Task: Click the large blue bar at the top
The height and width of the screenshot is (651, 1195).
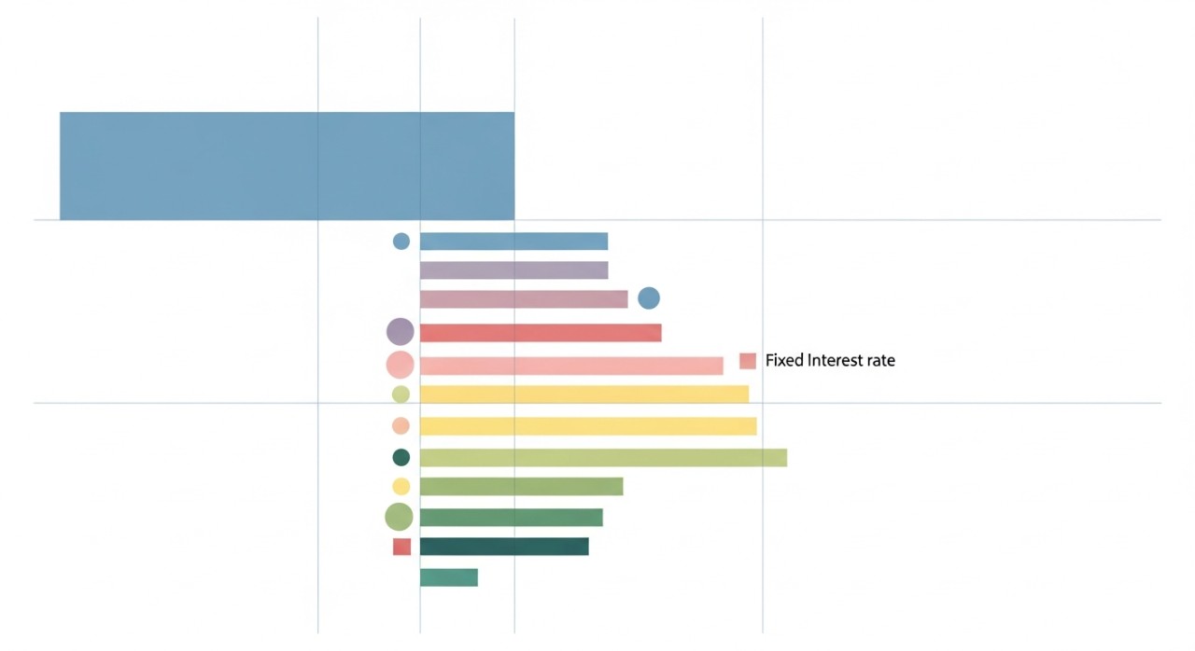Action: [287, 166]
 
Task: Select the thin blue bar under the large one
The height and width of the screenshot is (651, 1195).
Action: [513, 242]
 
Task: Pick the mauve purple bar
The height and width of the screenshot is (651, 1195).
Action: [513, 270]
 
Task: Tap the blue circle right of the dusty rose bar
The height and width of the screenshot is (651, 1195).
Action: [649, 298]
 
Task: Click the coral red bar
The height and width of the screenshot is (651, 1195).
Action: [541, 333]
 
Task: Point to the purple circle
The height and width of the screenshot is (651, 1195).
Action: [400, 331]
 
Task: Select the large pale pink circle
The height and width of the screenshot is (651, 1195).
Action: [400, 365]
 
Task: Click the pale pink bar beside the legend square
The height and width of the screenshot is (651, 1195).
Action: [571, 366]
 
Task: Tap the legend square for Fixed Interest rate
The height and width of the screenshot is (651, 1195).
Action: [748, 361]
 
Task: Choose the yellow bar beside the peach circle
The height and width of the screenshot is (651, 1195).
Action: [588, 426]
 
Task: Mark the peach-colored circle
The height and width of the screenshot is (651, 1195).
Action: [401, 426]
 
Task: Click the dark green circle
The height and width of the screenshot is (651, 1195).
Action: [401, 457]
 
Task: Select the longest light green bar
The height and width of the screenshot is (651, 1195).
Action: [603, 457]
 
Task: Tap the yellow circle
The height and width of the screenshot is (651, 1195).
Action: [401, 486]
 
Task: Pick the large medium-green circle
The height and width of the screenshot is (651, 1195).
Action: [399, 517]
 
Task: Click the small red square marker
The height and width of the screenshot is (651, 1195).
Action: [401, 547]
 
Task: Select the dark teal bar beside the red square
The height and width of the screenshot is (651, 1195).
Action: [504, 547]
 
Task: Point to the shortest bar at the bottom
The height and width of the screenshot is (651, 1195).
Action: [449, 577]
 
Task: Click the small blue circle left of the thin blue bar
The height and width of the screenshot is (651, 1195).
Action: [401, 242]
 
